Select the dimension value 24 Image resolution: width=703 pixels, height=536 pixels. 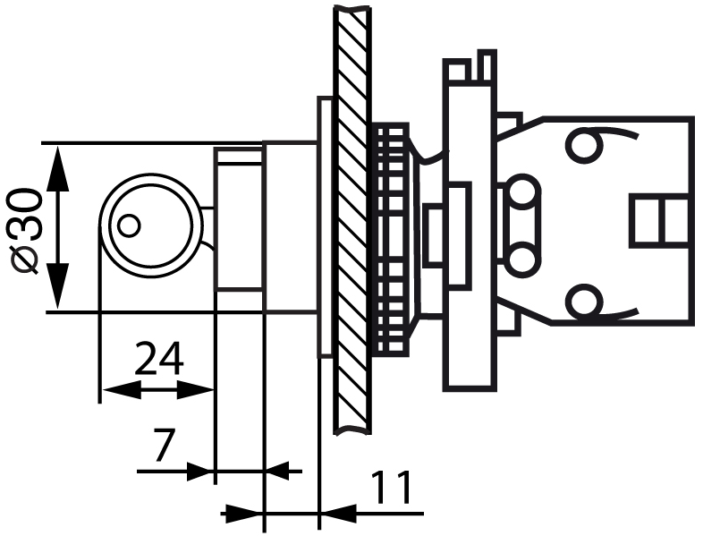click(x=159, y=359)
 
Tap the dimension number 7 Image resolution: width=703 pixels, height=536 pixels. click(x=163, y=445)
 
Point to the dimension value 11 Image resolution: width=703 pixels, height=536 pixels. click(x=391, y=487)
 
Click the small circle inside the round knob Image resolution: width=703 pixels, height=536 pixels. click(x=129, y=225)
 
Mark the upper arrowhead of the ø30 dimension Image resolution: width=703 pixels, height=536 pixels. click(x=57, y=168)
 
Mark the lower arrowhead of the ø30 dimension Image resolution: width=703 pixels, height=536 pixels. click(x=57, y=286)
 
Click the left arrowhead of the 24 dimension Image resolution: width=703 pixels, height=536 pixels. click(x=121, y=390)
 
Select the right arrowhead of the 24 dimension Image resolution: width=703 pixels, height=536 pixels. click(x=196, y=390)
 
